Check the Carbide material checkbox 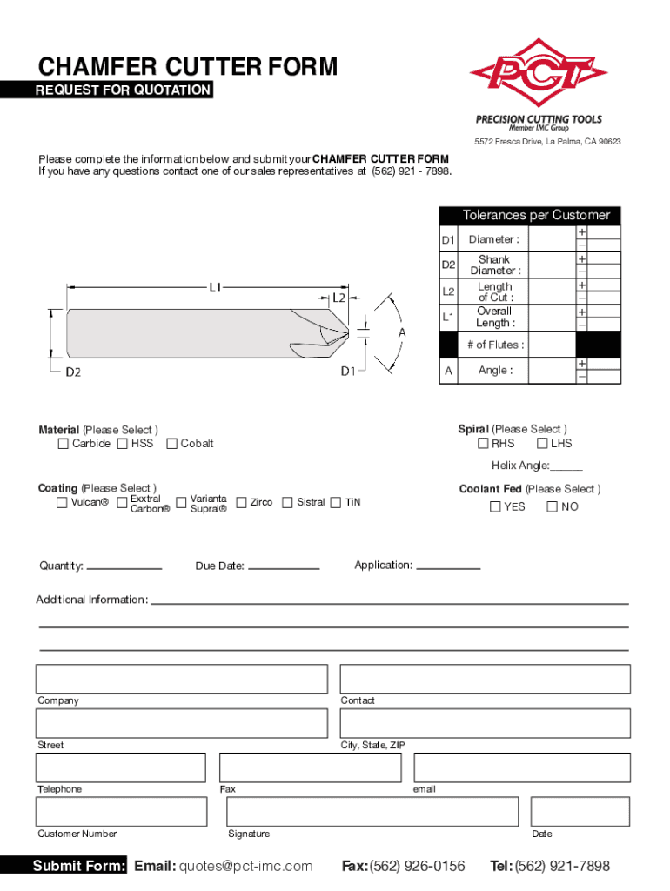click(x=63, y=444)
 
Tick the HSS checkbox click(x=122, y=444)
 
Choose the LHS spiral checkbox click(x=541, y=444)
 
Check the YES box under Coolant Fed click(x=495, y=506)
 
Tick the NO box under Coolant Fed click(x=552, y=506)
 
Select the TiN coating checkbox click(x=336, y=502)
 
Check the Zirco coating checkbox click(x=241, y=502)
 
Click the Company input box click(x=182, y=679)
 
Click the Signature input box click(x=427, y=812)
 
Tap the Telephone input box click(x=121, y=767)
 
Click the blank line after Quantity click(x=124, y=567)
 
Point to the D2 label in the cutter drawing click(x=73, y=372)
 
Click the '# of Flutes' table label click(x=495, y=345)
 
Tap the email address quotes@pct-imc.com click(x=245, y=866)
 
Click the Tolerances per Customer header click(x=536, y=215)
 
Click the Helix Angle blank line click(x=566, y=468)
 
